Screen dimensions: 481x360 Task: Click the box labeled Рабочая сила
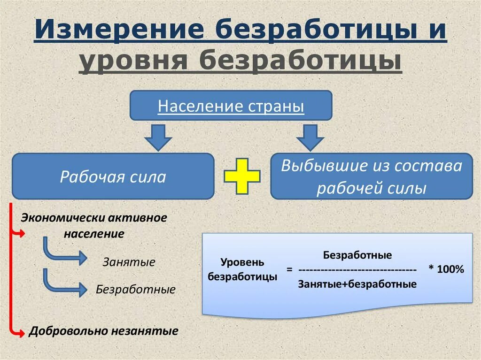[113, 177]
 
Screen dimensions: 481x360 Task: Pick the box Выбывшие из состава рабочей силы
[372, 177]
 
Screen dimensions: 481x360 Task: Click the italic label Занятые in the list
[129, 262]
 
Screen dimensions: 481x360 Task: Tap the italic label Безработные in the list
[136, 289]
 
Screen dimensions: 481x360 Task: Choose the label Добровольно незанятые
[103, 331]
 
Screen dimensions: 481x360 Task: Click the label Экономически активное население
[94, 226]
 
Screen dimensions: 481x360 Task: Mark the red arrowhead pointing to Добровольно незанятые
[19, 331]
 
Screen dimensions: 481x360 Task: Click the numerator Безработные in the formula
[357, 255]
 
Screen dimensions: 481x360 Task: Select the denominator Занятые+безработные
[357, 284]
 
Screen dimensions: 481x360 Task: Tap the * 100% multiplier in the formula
[446, 270]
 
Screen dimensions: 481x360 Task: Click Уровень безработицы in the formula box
[242, 269]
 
